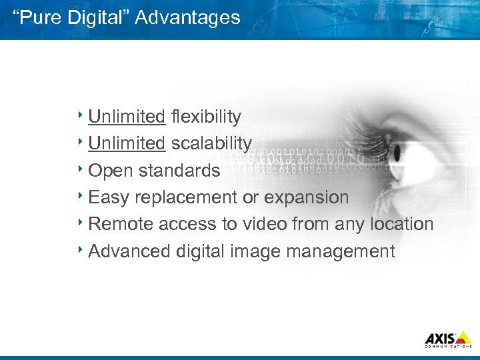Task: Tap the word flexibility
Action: pyautogui.click(x=206, y=117)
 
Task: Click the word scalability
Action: pyautogui.click(x=211, y=143)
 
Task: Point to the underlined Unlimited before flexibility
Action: pyautogui.click(x=127, y=117)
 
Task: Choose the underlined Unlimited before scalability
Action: pyautogui.click(x=127, y=143)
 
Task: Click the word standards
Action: pyautogui.click(x=179, y=171)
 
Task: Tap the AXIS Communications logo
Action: pyautogui.click(x=448, y=339)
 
